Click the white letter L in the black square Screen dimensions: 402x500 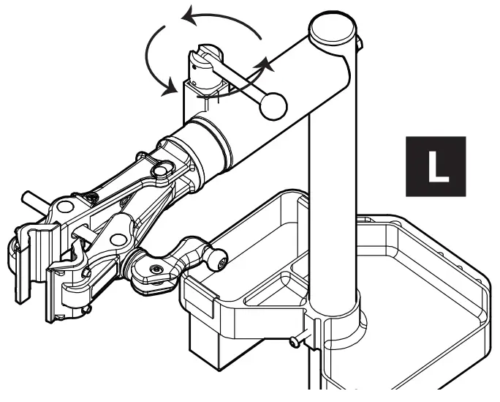click(x=436, y=166)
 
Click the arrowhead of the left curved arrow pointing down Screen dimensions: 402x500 click(x=171, y=89)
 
